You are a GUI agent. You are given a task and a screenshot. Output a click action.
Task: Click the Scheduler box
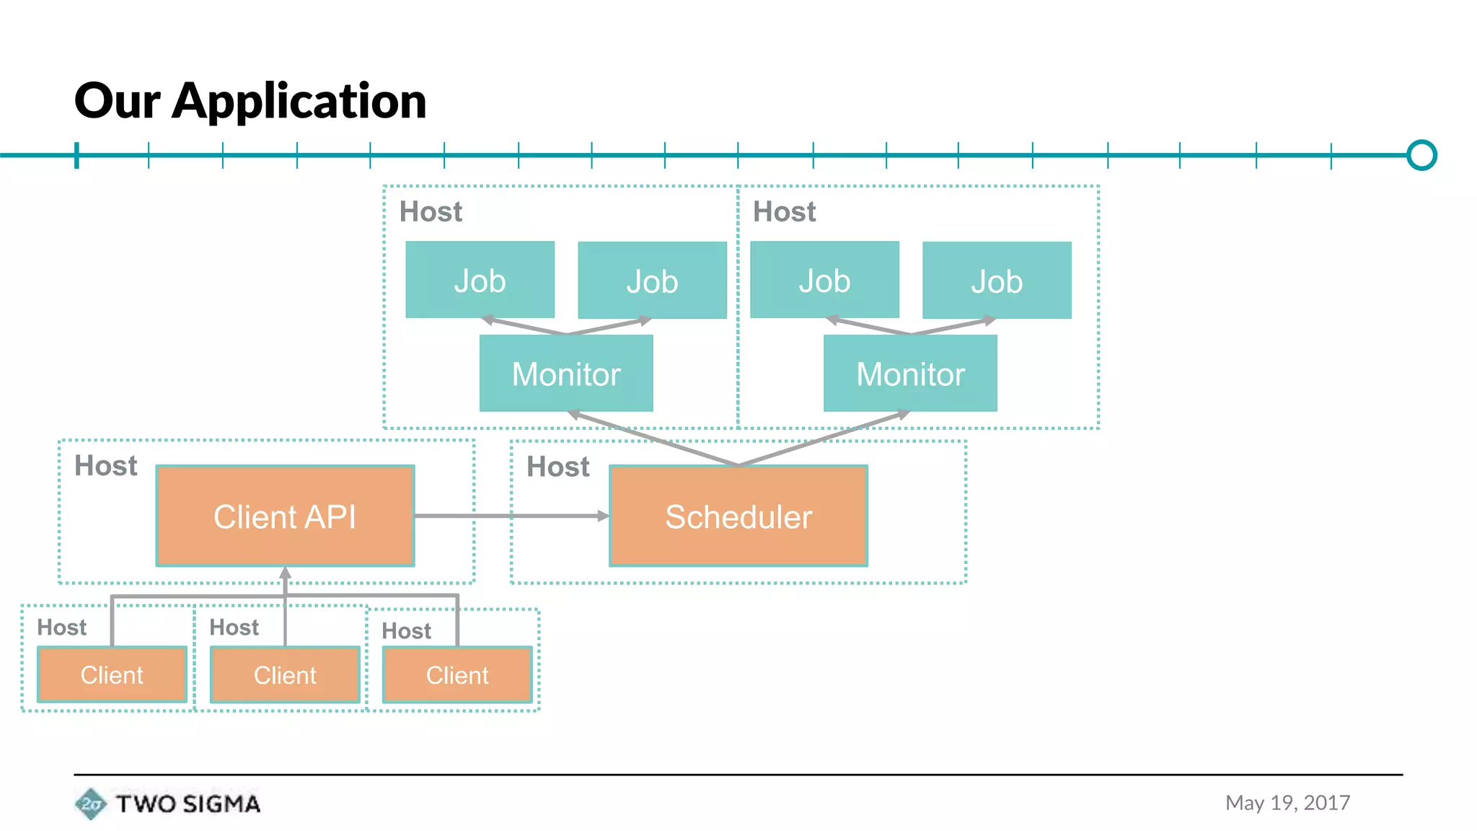pos(738,516)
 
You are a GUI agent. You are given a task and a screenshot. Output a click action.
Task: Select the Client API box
pos(285,516)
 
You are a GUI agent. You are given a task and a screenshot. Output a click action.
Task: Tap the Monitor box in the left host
pos(566,374)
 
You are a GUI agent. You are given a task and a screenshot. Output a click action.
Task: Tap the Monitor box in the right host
pos(910,374)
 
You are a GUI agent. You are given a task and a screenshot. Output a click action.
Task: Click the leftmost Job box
pos(480,280)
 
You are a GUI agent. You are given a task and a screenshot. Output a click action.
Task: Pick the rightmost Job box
pos(997,280)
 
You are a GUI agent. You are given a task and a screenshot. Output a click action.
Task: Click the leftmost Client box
pos(112,675)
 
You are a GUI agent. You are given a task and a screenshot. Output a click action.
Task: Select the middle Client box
pos(285,675)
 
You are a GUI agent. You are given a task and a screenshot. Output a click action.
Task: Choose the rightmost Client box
pos(457,675)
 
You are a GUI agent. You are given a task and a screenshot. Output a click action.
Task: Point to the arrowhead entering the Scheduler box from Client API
pos(603,516)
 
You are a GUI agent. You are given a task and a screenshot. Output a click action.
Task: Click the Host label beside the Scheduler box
pos(557,467)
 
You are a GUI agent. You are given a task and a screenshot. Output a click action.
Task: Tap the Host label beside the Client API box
pos(105,466)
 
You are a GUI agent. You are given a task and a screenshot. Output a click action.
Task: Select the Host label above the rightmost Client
pos(406,631)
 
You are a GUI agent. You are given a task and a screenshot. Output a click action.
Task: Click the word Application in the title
pos(299,101)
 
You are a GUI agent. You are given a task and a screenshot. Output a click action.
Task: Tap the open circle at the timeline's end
pos(1421,155)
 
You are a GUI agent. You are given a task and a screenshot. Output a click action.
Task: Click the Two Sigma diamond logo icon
pos(90,804)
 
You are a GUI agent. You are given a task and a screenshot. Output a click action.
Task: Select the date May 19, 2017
pos(1287,803)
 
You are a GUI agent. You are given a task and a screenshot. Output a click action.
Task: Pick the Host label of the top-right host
pos(784,212)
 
